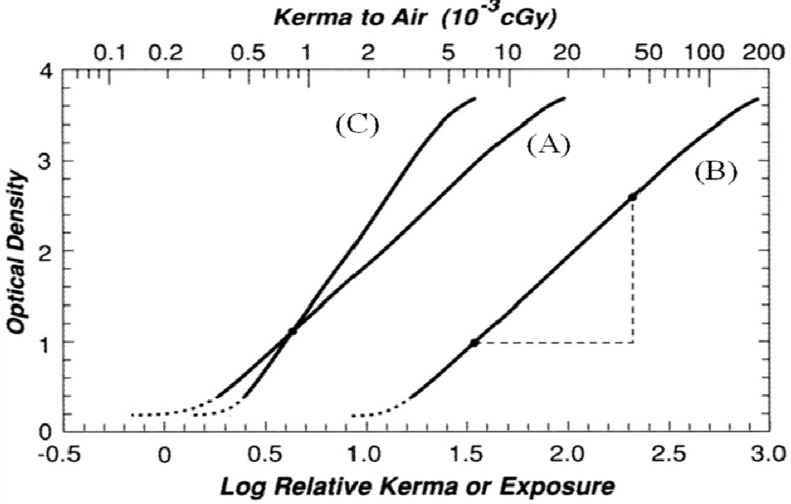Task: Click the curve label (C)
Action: (357, 125)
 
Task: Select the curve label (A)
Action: (548, 145)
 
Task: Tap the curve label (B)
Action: (716, 173)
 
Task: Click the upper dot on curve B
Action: (632, 197)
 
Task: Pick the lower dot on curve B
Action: (475, 343)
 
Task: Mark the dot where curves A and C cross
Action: (292, 331)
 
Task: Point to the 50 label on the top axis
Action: (648, 52)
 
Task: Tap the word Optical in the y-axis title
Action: (17, 304)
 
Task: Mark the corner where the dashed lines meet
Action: (633, 343)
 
